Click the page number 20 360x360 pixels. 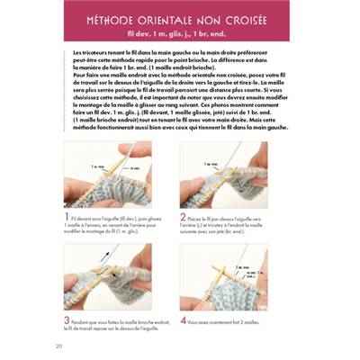(58, 346)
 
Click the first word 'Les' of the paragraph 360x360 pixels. (75, 54)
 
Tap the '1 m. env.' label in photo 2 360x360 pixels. (213, 164)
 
